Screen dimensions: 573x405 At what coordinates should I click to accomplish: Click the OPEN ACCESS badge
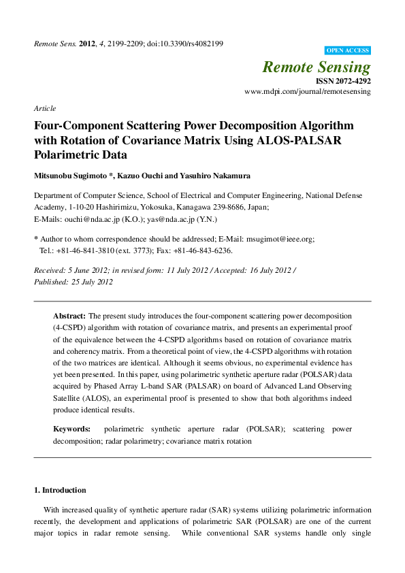coord(348,50)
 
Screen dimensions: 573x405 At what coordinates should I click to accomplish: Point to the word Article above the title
coord(44,108)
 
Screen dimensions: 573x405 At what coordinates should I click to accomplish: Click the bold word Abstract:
coord(69,316)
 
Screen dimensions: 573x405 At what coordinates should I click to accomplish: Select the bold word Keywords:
coord(72,429)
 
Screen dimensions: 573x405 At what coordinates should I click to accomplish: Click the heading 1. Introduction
coord(60,490)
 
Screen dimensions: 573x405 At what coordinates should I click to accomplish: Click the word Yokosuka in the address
coord(156,208)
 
